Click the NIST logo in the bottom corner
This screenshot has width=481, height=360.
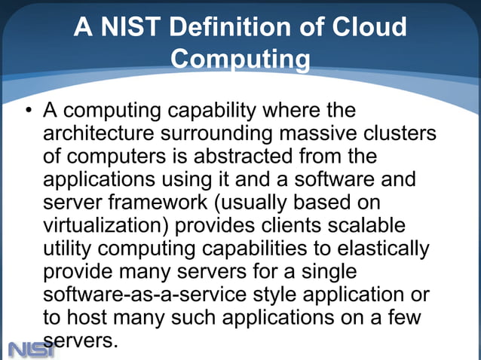[x=31, y=349]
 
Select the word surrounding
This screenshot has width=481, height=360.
[x=218, y=136]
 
